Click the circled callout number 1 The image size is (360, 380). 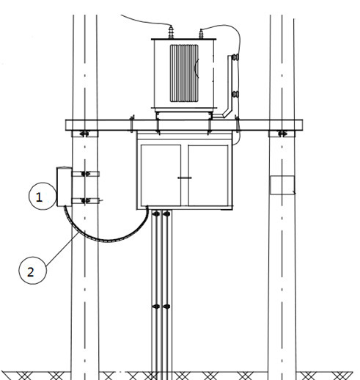[x=43, y=196]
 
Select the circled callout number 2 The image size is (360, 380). [x=32, y=271]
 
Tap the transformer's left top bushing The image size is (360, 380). [x=171, y=32]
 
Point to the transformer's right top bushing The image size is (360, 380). [x=201, y=34]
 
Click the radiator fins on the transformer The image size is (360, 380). [x=184, y=73]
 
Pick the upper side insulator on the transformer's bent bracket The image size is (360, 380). [x=235, y=57]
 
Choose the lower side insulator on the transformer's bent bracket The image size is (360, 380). [x=235, y=94]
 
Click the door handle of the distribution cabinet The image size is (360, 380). [x=185, y=178]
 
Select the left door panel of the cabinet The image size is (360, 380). [x=161, y=175]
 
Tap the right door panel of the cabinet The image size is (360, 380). [x=208, y=175]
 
